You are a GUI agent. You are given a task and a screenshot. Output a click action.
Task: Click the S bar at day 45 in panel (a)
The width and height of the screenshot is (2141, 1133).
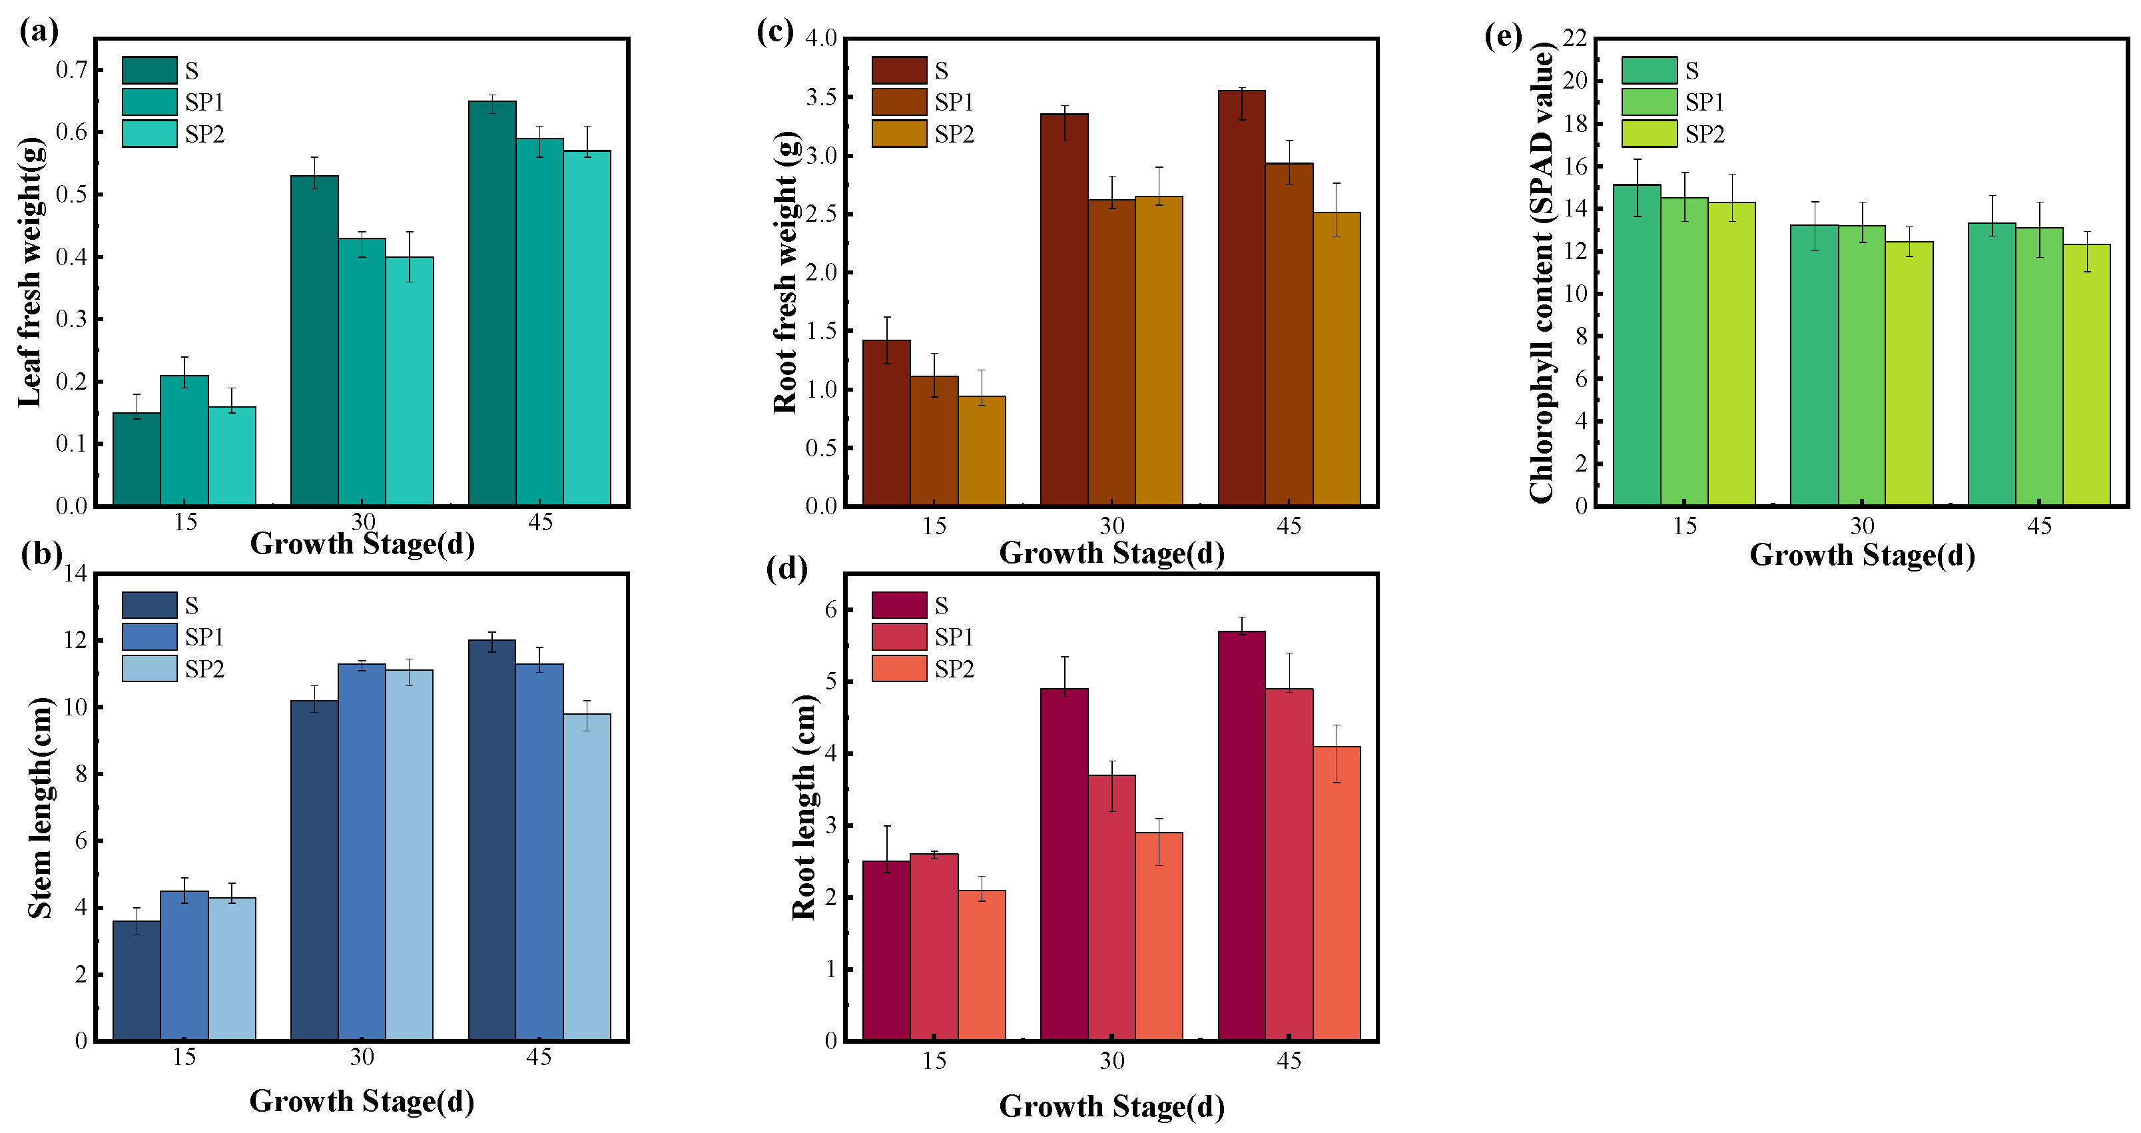click(x=492, y=304)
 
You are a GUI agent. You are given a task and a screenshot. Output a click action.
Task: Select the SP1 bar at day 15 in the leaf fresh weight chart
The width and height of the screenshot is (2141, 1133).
click(x=184, y=440)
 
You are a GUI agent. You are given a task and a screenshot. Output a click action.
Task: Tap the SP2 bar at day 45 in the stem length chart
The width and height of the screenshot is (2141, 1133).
click(x=587, y=877)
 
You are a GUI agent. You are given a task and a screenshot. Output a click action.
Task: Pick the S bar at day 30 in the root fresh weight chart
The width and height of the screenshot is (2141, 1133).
click(x=1064, y=309)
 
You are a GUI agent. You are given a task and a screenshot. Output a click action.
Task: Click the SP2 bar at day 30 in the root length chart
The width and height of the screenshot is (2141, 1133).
click(x=1159, y=937)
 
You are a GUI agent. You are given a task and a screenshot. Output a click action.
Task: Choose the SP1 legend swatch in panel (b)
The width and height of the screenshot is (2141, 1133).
click(x=150, y=637)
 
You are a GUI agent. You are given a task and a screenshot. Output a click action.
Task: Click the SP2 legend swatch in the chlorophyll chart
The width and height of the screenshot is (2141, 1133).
click(x=1649, y=134)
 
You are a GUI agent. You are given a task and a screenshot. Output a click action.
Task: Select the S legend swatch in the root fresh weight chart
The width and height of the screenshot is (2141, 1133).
click(x=899, y=70)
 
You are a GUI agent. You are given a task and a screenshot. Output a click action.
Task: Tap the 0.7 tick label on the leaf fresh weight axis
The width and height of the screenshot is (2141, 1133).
click(x=71, y=70)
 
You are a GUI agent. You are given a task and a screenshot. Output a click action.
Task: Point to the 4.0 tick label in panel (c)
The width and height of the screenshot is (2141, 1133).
click(x=821, y=38)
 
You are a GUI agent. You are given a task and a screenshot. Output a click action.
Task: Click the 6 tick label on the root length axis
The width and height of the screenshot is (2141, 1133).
click(x=831, y=610)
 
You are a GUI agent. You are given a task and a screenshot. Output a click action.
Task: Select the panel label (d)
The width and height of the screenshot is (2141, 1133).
click(x=786, y=569)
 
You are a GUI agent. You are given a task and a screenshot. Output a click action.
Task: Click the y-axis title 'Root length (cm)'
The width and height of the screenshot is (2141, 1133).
click(x=804, y=807)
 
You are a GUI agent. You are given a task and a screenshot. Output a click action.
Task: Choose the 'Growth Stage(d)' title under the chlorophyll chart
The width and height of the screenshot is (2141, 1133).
click(x=1862, y=556)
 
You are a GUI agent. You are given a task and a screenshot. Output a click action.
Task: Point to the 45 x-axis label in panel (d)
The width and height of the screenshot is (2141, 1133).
click(x=1289, y=1062)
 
